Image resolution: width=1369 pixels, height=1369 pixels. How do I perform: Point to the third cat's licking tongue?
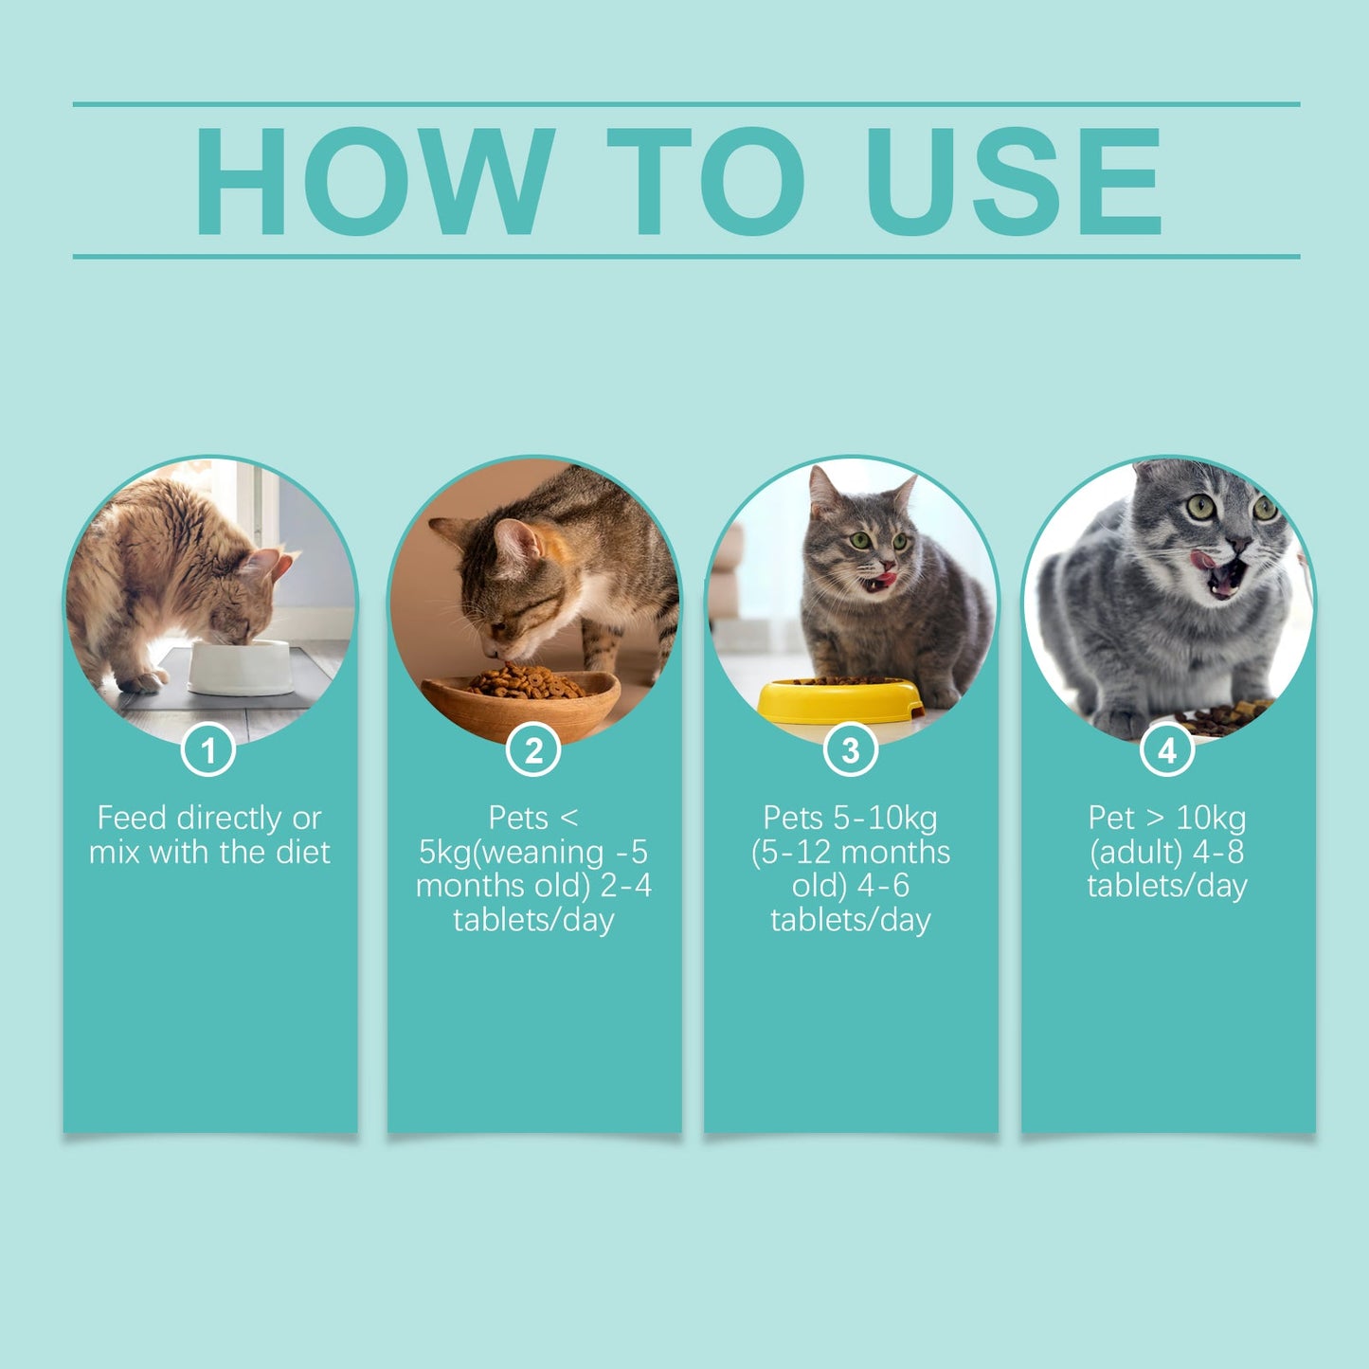pos(884,576)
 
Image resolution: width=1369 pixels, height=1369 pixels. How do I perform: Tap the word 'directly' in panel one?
pos(229,818)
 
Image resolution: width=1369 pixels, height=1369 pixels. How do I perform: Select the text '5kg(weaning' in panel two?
pos(512,852)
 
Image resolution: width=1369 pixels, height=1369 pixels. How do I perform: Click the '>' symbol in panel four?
pos(1155,818)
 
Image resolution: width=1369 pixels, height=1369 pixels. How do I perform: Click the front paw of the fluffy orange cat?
pos(142,681)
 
